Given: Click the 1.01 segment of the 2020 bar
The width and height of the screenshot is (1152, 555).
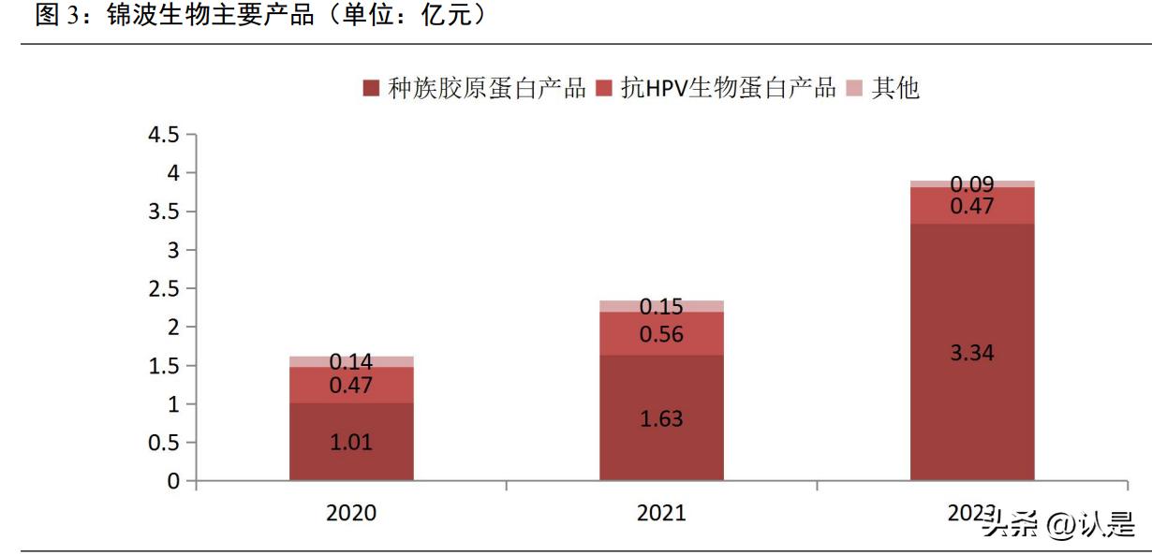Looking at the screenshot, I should point(351,442).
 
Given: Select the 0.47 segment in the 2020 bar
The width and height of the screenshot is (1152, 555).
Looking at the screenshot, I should point(351,385).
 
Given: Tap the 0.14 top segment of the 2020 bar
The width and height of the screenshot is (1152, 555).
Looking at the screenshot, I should point(351,361).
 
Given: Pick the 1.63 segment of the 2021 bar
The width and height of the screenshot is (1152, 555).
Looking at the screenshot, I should point(661,418).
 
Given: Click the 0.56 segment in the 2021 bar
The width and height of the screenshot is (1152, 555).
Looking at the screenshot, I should point(661,333).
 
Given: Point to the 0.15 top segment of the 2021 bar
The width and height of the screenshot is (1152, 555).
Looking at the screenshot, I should point(661,306).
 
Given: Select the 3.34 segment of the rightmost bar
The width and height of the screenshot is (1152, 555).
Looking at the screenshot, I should point(972,352).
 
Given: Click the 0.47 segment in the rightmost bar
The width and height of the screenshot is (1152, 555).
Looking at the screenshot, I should point(972,206).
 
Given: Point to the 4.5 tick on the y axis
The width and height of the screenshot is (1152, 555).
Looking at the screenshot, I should point(162,135).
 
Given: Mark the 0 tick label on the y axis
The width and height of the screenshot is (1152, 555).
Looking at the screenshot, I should point(173,481).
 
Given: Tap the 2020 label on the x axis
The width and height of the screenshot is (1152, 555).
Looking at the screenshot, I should point(351,513).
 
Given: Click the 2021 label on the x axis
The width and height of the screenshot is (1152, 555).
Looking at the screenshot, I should point(661,513).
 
